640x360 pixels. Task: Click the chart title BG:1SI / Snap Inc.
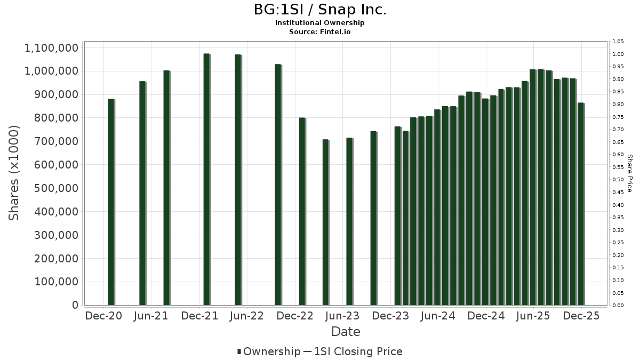click(x=319, y=10)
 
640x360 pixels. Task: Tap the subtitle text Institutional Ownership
click(x=319, y=23)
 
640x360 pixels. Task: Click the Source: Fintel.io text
click(x=319, y=32)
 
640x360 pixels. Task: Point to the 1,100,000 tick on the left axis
click(x=52, y=48)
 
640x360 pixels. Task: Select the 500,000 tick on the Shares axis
click(x=57, y=188)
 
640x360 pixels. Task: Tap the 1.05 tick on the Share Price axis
click(x=618, y=42)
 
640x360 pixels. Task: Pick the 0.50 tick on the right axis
click(x=618, y=180)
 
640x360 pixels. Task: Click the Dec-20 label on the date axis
click(x=103, y=316)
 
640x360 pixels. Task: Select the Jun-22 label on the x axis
click(x=246, y=316)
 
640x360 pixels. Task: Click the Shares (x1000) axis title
click(x=14, y=173)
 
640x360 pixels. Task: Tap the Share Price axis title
click(x=629, y=173)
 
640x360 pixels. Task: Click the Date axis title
click(x=346, y=332)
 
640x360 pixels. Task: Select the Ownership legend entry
click(x=269, y=351)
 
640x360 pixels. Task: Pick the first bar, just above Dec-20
click(x=111, y=202)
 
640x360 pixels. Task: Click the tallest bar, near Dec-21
click(x=206, y=179)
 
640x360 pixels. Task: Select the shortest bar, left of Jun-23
click(x=325, y=222)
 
